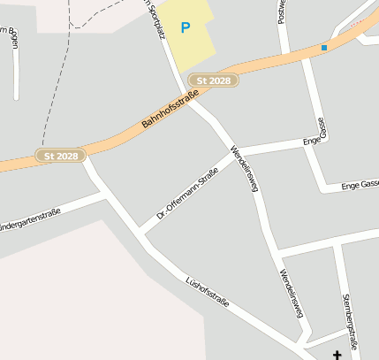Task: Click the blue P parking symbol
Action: (186, 28)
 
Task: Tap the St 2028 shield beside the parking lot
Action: (214, 80)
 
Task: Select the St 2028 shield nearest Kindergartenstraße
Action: (61, 156)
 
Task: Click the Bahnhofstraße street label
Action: (169, 114)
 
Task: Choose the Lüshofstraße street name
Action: (208, 293)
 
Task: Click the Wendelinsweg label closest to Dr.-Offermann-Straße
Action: (243, 168)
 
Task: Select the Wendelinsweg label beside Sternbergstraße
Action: (292, 292)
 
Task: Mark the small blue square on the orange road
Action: (324, 48)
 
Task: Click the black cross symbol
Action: (337, 355)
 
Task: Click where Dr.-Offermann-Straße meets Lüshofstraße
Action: (140, 234)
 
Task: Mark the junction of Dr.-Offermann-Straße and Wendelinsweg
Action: (236, 154)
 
